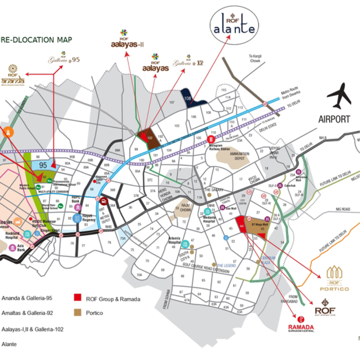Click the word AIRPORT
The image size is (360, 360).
click(x=334, y=119)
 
